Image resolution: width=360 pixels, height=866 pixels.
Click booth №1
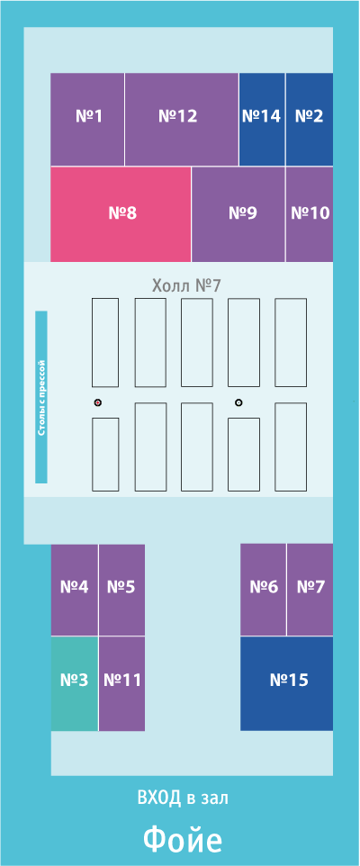point(87,120)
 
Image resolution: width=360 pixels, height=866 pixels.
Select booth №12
point(182,120)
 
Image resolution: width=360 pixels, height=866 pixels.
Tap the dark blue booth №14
point(262,120)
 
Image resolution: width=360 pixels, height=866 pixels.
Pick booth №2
point(310,120)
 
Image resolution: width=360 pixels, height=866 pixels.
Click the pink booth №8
point(121,214)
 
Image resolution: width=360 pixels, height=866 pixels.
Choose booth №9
point(238,214)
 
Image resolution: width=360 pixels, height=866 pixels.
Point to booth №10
point(310,214)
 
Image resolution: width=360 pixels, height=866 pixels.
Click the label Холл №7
point(186,285)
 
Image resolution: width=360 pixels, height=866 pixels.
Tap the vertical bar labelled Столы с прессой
point(41,397)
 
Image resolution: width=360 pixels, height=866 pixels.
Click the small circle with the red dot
point(98,402)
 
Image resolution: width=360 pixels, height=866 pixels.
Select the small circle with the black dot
point(238,402)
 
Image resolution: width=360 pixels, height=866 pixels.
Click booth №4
point(75,590)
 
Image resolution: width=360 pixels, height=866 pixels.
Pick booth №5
point(122,590)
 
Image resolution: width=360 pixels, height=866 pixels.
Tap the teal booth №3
point(75,684)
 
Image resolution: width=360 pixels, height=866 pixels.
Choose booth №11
point(122,684)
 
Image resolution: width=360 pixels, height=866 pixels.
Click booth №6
point(264,590)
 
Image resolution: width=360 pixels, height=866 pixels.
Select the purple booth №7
point(310,590)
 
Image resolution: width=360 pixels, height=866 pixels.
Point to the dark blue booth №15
point(286,684)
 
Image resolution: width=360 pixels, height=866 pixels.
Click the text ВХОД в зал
point(183,798)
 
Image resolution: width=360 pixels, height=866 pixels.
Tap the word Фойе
point(183,840)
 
